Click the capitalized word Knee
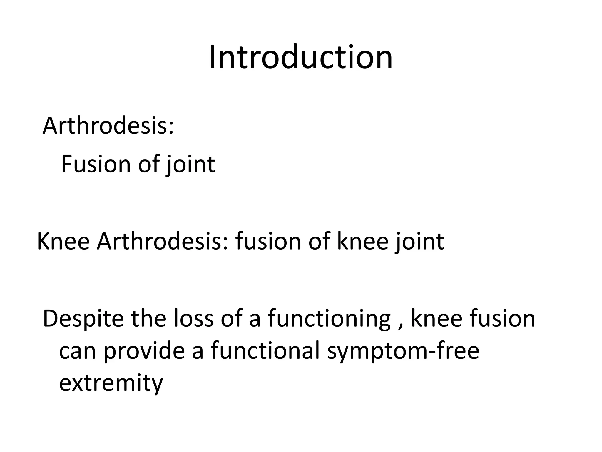(63, 241)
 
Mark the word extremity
(111, 383)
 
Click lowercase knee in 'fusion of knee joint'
(363, 241)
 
